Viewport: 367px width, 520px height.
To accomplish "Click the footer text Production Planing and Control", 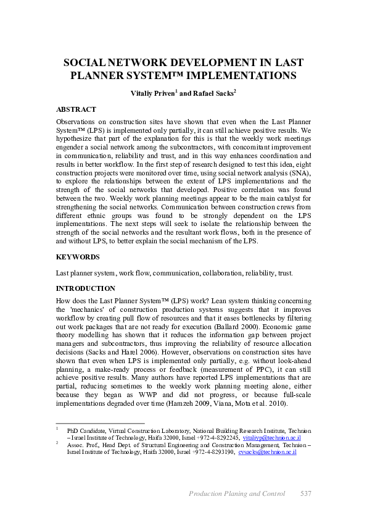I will pyautogui.click(x=237, y=493).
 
